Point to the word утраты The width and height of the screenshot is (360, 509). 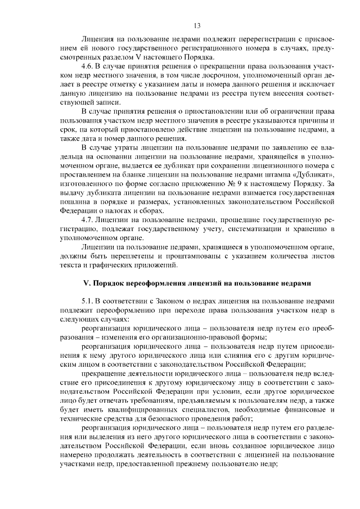pos(129,147)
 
